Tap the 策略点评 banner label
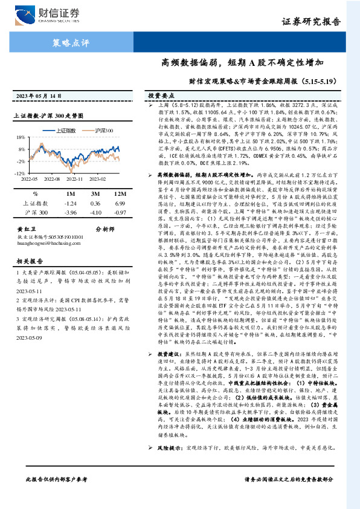[67, 42]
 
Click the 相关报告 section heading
[28, 261]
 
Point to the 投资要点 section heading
[158, 96]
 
